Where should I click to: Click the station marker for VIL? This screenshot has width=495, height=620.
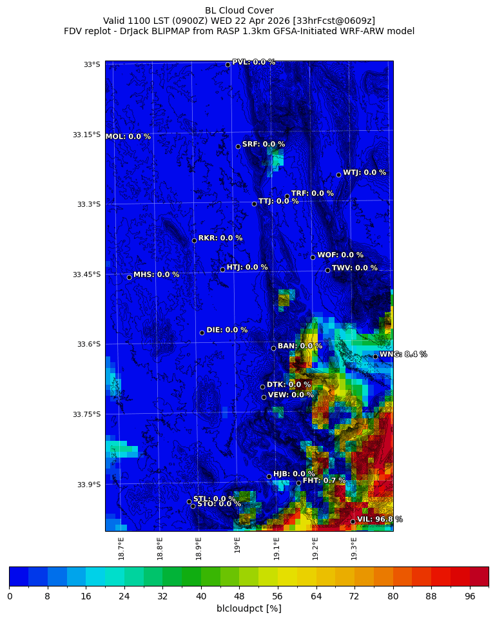(353, 521)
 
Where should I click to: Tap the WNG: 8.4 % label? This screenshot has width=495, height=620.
(403, 354)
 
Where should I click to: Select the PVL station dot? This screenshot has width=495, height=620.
(228, 64)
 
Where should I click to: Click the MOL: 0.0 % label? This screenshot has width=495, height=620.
(128, 137)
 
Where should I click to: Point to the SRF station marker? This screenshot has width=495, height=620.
(238, 146)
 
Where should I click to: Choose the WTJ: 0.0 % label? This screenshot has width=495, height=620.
(364, 173)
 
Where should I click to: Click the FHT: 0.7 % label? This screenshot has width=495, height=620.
(324, 481)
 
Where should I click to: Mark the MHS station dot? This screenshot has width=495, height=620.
(129, 277)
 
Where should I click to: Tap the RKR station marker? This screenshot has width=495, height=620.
(194, 240)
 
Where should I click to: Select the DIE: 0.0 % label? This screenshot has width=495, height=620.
(227, 330)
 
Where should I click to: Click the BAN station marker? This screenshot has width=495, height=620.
(273, 348)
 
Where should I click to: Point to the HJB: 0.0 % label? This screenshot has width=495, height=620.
(294, 474)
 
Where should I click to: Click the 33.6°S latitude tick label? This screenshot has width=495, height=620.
(88, 344)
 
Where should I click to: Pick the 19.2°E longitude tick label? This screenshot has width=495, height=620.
(316, 548)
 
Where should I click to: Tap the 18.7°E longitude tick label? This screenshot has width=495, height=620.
(121, 548)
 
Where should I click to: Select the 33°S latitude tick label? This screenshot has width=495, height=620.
(92, 64)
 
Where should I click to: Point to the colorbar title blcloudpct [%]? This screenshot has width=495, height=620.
(249, 608)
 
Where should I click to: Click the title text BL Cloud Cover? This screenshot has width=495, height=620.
(239, 10)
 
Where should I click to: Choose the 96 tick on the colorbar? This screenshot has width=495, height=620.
(469, 596)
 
